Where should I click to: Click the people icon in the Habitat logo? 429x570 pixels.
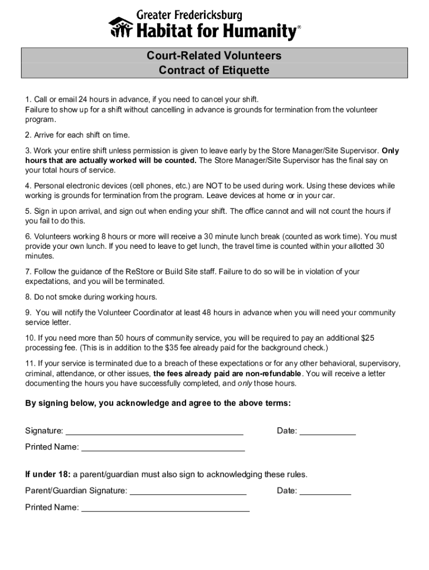pos(119,28)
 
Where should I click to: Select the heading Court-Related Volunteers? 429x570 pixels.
pos(214,56)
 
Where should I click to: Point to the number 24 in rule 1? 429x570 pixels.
pos(82,100)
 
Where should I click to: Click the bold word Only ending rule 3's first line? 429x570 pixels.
pos(390,151)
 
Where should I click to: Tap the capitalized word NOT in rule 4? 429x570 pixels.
pos(214,186)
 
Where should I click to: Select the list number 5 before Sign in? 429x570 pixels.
pos(28,212)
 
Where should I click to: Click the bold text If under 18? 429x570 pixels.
pos(47,475)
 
